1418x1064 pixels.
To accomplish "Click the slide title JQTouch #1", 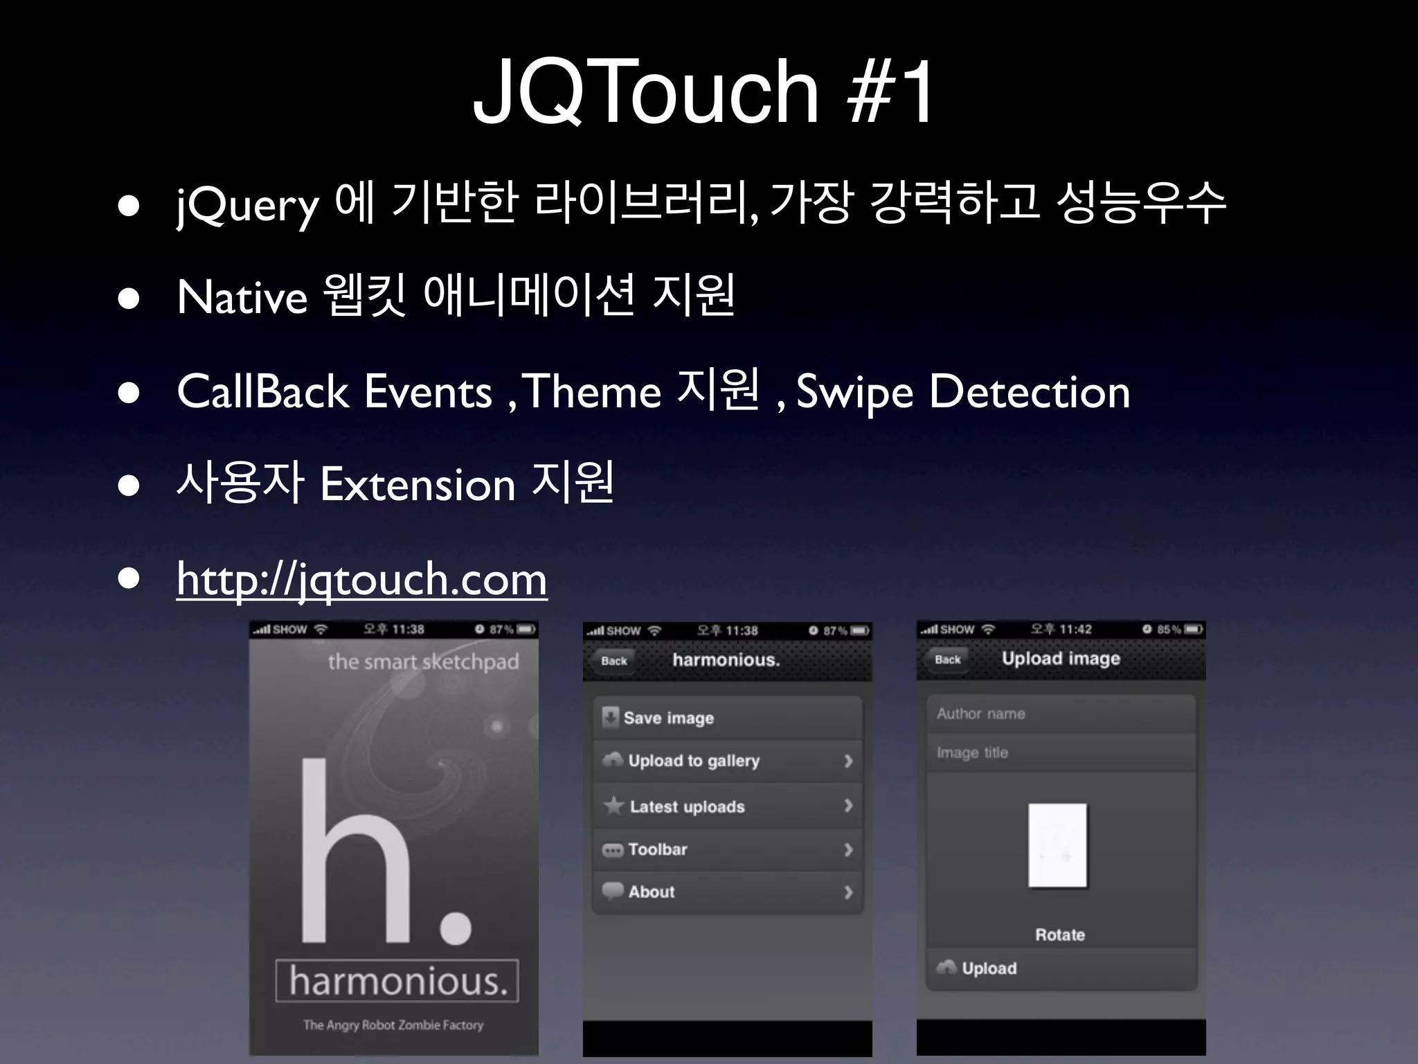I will point(703,91).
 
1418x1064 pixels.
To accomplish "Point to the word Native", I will point(242,297).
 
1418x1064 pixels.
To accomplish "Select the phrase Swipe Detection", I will point(962,391).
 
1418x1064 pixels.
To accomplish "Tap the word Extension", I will point(418,484).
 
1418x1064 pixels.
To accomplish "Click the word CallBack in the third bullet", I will point(262,391).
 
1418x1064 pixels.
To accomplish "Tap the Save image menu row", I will point(727,718).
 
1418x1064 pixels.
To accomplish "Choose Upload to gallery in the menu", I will point(727,761).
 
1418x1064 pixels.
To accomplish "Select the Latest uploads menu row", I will point(727,806).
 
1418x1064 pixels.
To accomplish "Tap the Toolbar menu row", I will point(727,849).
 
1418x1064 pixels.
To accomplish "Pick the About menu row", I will point(727,892).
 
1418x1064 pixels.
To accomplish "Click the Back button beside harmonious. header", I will point(613,661).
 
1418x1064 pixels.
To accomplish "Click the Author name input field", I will point(1061,713).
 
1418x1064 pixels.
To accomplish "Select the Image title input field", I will point(1061,752).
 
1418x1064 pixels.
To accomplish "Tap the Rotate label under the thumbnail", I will point(1059,934).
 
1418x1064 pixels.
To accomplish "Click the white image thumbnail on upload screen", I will point(1057,845).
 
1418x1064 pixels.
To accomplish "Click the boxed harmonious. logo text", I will point(397,981).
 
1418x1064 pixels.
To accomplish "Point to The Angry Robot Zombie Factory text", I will point(393,1025).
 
